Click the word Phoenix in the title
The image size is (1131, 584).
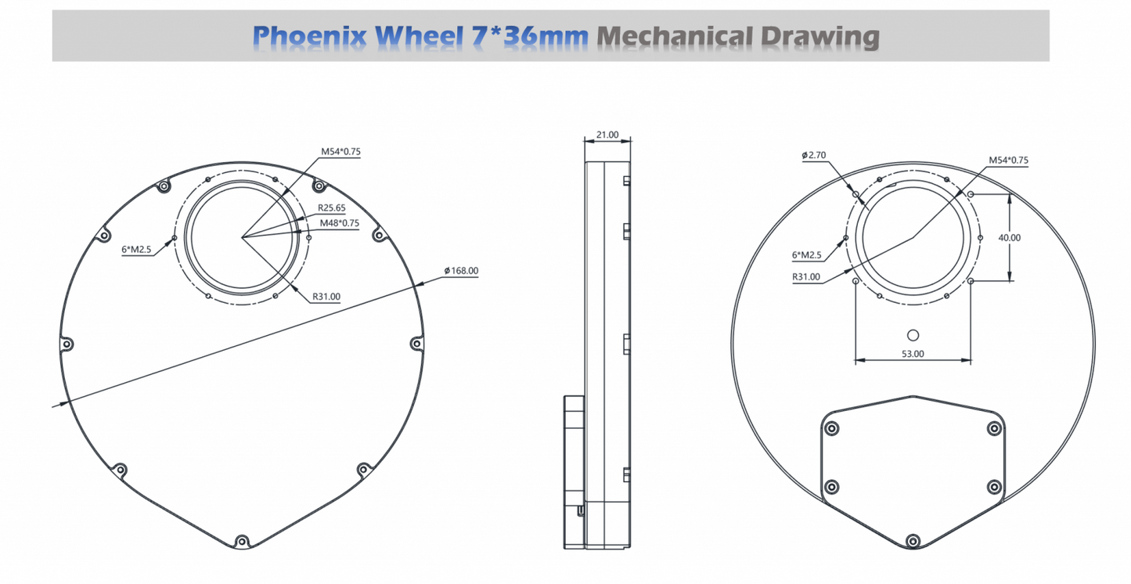(309, 36)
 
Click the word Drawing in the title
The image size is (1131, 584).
(820, 37)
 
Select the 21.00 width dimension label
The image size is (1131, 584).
(607, 135)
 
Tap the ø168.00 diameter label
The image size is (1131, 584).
(461, 271)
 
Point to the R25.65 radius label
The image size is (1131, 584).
(332, 207)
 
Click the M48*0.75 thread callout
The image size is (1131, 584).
(340, 223)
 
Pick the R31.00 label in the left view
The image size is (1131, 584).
(326, 297)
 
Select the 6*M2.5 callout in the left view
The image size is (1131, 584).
(136, 249)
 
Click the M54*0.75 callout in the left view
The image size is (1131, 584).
(340, 152)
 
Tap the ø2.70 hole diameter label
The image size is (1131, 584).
(814, 155)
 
